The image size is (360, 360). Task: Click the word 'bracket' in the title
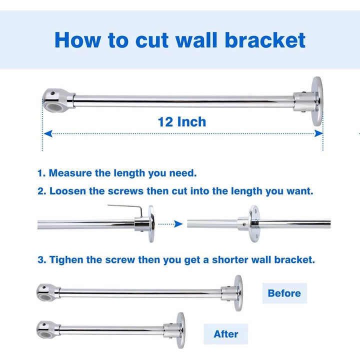tap(265, 39)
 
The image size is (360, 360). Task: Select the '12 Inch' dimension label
tap(181, 121)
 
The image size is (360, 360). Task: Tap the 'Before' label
tap(284, 293)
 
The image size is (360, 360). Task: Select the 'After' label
tap(225, 333)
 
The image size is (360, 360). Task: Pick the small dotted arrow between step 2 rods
tap(170, 224)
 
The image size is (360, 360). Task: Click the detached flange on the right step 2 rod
tap(254, 223)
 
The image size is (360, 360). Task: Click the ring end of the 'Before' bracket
tap(44, 290)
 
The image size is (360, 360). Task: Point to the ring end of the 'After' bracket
tap(44, 328)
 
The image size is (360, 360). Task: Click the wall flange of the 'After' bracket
tap(180, 327)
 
